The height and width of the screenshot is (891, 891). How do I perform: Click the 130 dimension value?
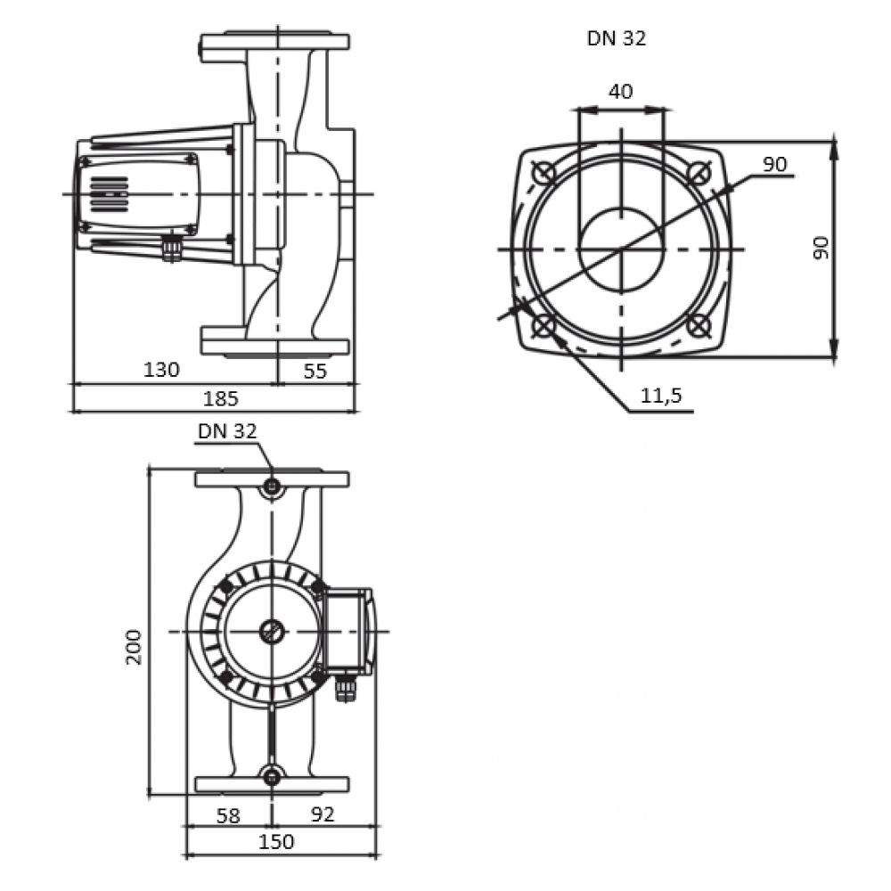161,370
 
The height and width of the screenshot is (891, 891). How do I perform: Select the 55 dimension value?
315,371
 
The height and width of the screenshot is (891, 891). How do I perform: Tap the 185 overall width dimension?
220,399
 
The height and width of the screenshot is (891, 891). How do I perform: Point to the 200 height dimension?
135,647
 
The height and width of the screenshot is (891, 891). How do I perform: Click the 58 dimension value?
228,816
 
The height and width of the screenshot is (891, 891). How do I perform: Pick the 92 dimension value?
323,814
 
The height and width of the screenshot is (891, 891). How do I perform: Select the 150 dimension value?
276,842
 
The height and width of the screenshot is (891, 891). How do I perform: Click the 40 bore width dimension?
620,92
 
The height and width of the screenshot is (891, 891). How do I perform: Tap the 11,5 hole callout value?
661,396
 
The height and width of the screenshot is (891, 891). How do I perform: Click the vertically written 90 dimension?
822,249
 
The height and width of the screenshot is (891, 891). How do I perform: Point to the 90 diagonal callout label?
774,164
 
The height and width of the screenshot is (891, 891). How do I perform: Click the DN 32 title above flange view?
617,38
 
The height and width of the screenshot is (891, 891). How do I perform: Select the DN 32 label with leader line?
227,431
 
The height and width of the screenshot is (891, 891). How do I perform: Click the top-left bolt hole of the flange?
544,172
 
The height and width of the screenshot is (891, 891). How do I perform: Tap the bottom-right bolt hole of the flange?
699,326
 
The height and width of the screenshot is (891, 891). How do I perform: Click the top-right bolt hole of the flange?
699,172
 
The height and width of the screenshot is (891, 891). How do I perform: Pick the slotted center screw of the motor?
272,632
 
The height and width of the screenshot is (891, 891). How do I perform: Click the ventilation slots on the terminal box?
109,194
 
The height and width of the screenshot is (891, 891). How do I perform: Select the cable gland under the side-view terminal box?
172,249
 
